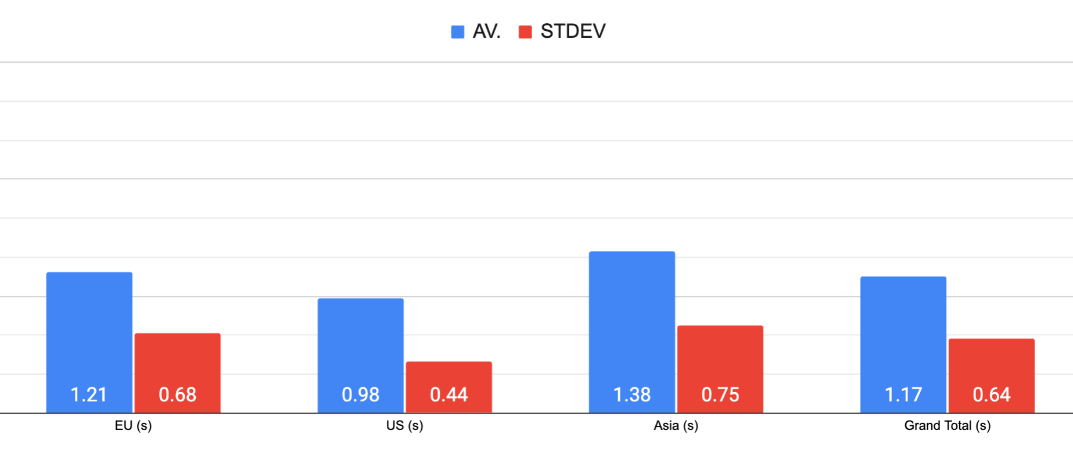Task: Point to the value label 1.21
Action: click(x=89, y=395)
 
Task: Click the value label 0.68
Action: click(x=178, y=395)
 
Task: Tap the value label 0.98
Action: click(x=361, y=395)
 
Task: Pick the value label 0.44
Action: click(x=449, y=395)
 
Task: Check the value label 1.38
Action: click(x=632, y=395)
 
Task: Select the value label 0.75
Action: click(x=720, y=395)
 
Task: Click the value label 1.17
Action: click(x=903, y=395)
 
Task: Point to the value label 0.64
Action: click(x=992, y=395)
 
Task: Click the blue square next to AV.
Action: click(x=458, y=32)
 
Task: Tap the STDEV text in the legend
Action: click(x=573, y=31)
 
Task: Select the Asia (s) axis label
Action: click(x=676, y=426)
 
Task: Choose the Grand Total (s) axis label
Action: click(x=947, y=426)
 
